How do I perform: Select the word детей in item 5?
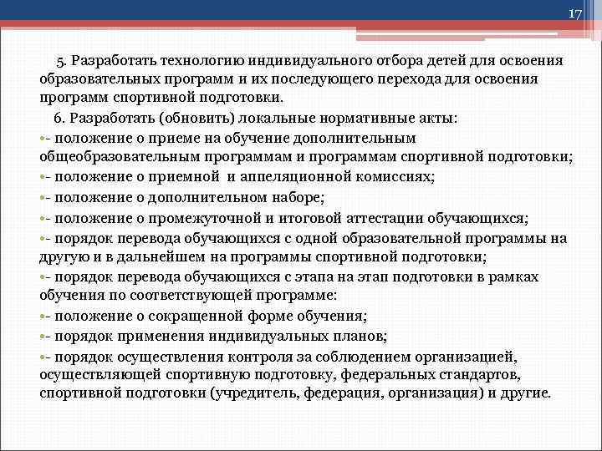450,61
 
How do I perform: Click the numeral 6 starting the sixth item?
58,119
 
